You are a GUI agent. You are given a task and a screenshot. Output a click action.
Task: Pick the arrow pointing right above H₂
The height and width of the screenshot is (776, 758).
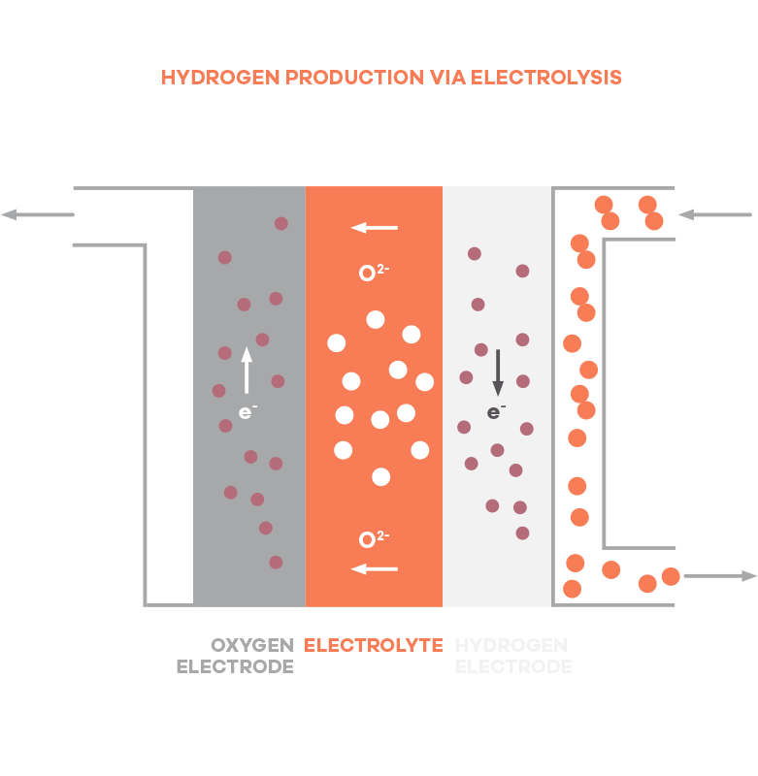coord(720,576)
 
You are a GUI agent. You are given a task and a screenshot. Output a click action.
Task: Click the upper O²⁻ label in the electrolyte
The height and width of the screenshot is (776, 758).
coord(374,273)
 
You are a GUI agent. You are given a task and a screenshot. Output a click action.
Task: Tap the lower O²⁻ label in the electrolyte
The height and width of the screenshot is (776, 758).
coord(374,539)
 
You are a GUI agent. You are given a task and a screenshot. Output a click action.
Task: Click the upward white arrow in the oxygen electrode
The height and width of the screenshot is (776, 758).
coord(247,370)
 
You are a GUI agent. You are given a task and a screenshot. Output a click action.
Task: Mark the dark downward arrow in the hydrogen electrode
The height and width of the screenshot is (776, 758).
coord(498,373)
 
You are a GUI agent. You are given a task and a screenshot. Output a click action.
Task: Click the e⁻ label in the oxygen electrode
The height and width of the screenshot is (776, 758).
coord(247,412)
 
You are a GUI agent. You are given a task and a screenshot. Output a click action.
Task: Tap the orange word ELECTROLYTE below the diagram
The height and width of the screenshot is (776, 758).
coord(373,645)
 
